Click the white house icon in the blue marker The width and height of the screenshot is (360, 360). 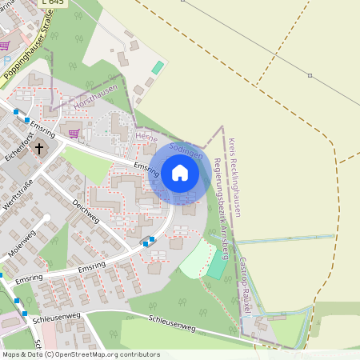(180, 173)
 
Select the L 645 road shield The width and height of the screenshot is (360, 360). (55, 3)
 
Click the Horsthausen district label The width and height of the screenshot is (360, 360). (95, 99)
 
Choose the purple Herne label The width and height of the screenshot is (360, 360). (146, 138)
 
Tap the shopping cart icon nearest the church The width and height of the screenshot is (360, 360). (74, 133)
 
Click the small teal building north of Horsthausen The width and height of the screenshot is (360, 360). (158, 68)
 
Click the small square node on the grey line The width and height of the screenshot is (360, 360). (310, 75)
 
